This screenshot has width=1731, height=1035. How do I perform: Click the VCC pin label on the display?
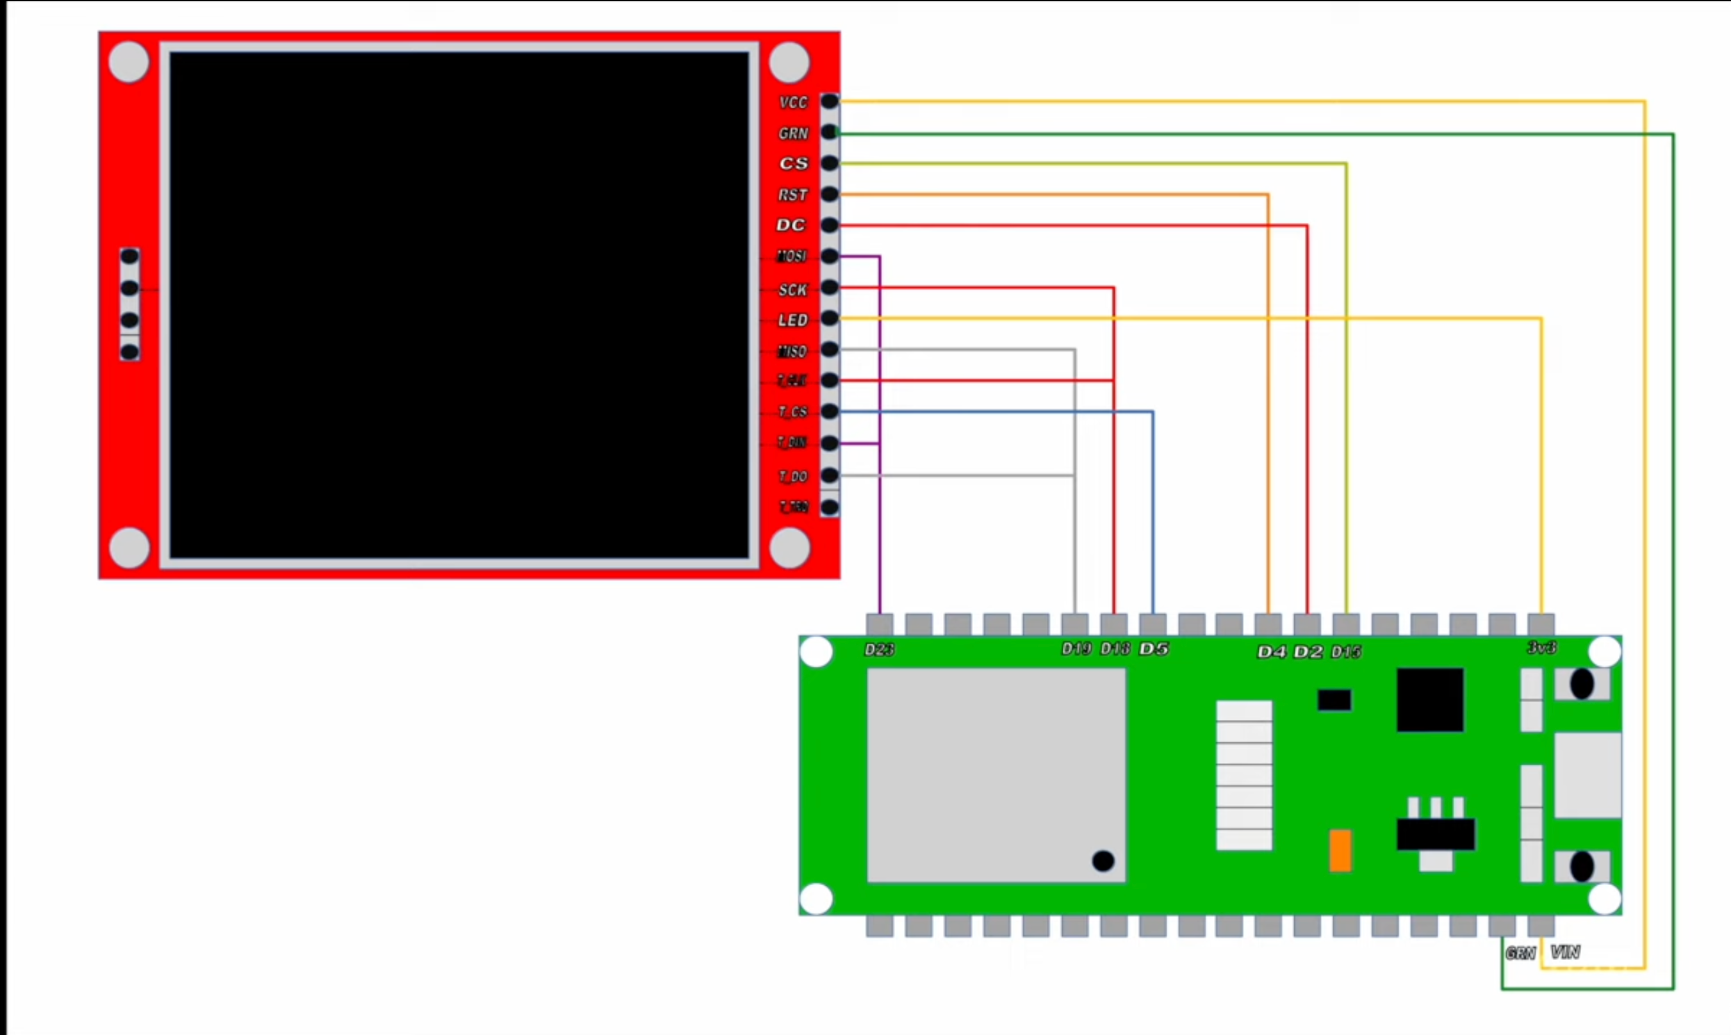pos(793,102)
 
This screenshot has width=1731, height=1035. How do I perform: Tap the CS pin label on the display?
pos(794,163)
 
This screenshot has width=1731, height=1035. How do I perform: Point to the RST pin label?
pos(793,195)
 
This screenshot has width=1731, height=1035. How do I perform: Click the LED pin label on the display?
pos(793,320)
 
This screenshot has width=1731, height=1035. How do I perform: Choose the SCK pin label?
pos(793,289)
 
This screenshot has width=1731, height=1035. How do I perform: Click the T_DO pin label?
pos(793,477)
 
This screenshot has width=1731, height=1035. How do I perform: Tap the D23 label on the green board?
pos(879,649)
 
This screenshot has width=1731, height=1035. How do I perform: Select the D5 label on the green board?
pos(1154,649)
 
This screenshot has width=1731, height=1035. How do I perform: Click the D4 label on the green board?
pos(1270,651)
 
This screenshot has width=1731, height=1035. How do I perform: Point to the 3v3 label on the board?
pos(1541,648)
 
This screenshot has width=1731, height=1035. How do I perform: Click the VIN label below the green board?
pos(1565,952)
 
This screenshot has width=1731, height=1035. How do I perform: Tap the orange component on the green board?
pos(1340,850)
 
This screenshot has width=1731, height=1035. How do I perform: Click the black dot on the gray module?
pos(1103,861)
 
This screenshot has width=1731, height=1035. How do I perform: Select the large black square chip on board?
pos(1430,699)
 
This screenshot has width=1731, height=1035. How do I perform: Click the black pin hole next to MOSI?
pos(829,256)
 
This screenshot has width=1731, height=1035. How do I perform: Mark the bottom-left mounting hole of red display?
pos(129,547)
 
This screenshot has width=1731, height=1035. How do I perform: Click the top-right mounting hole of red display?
pos(789,62)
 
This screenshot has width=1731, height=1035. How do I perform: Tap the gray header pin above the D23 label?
pos(880,624)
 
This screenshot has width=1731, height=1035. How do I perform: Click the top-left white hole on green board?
pos(817,652)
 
